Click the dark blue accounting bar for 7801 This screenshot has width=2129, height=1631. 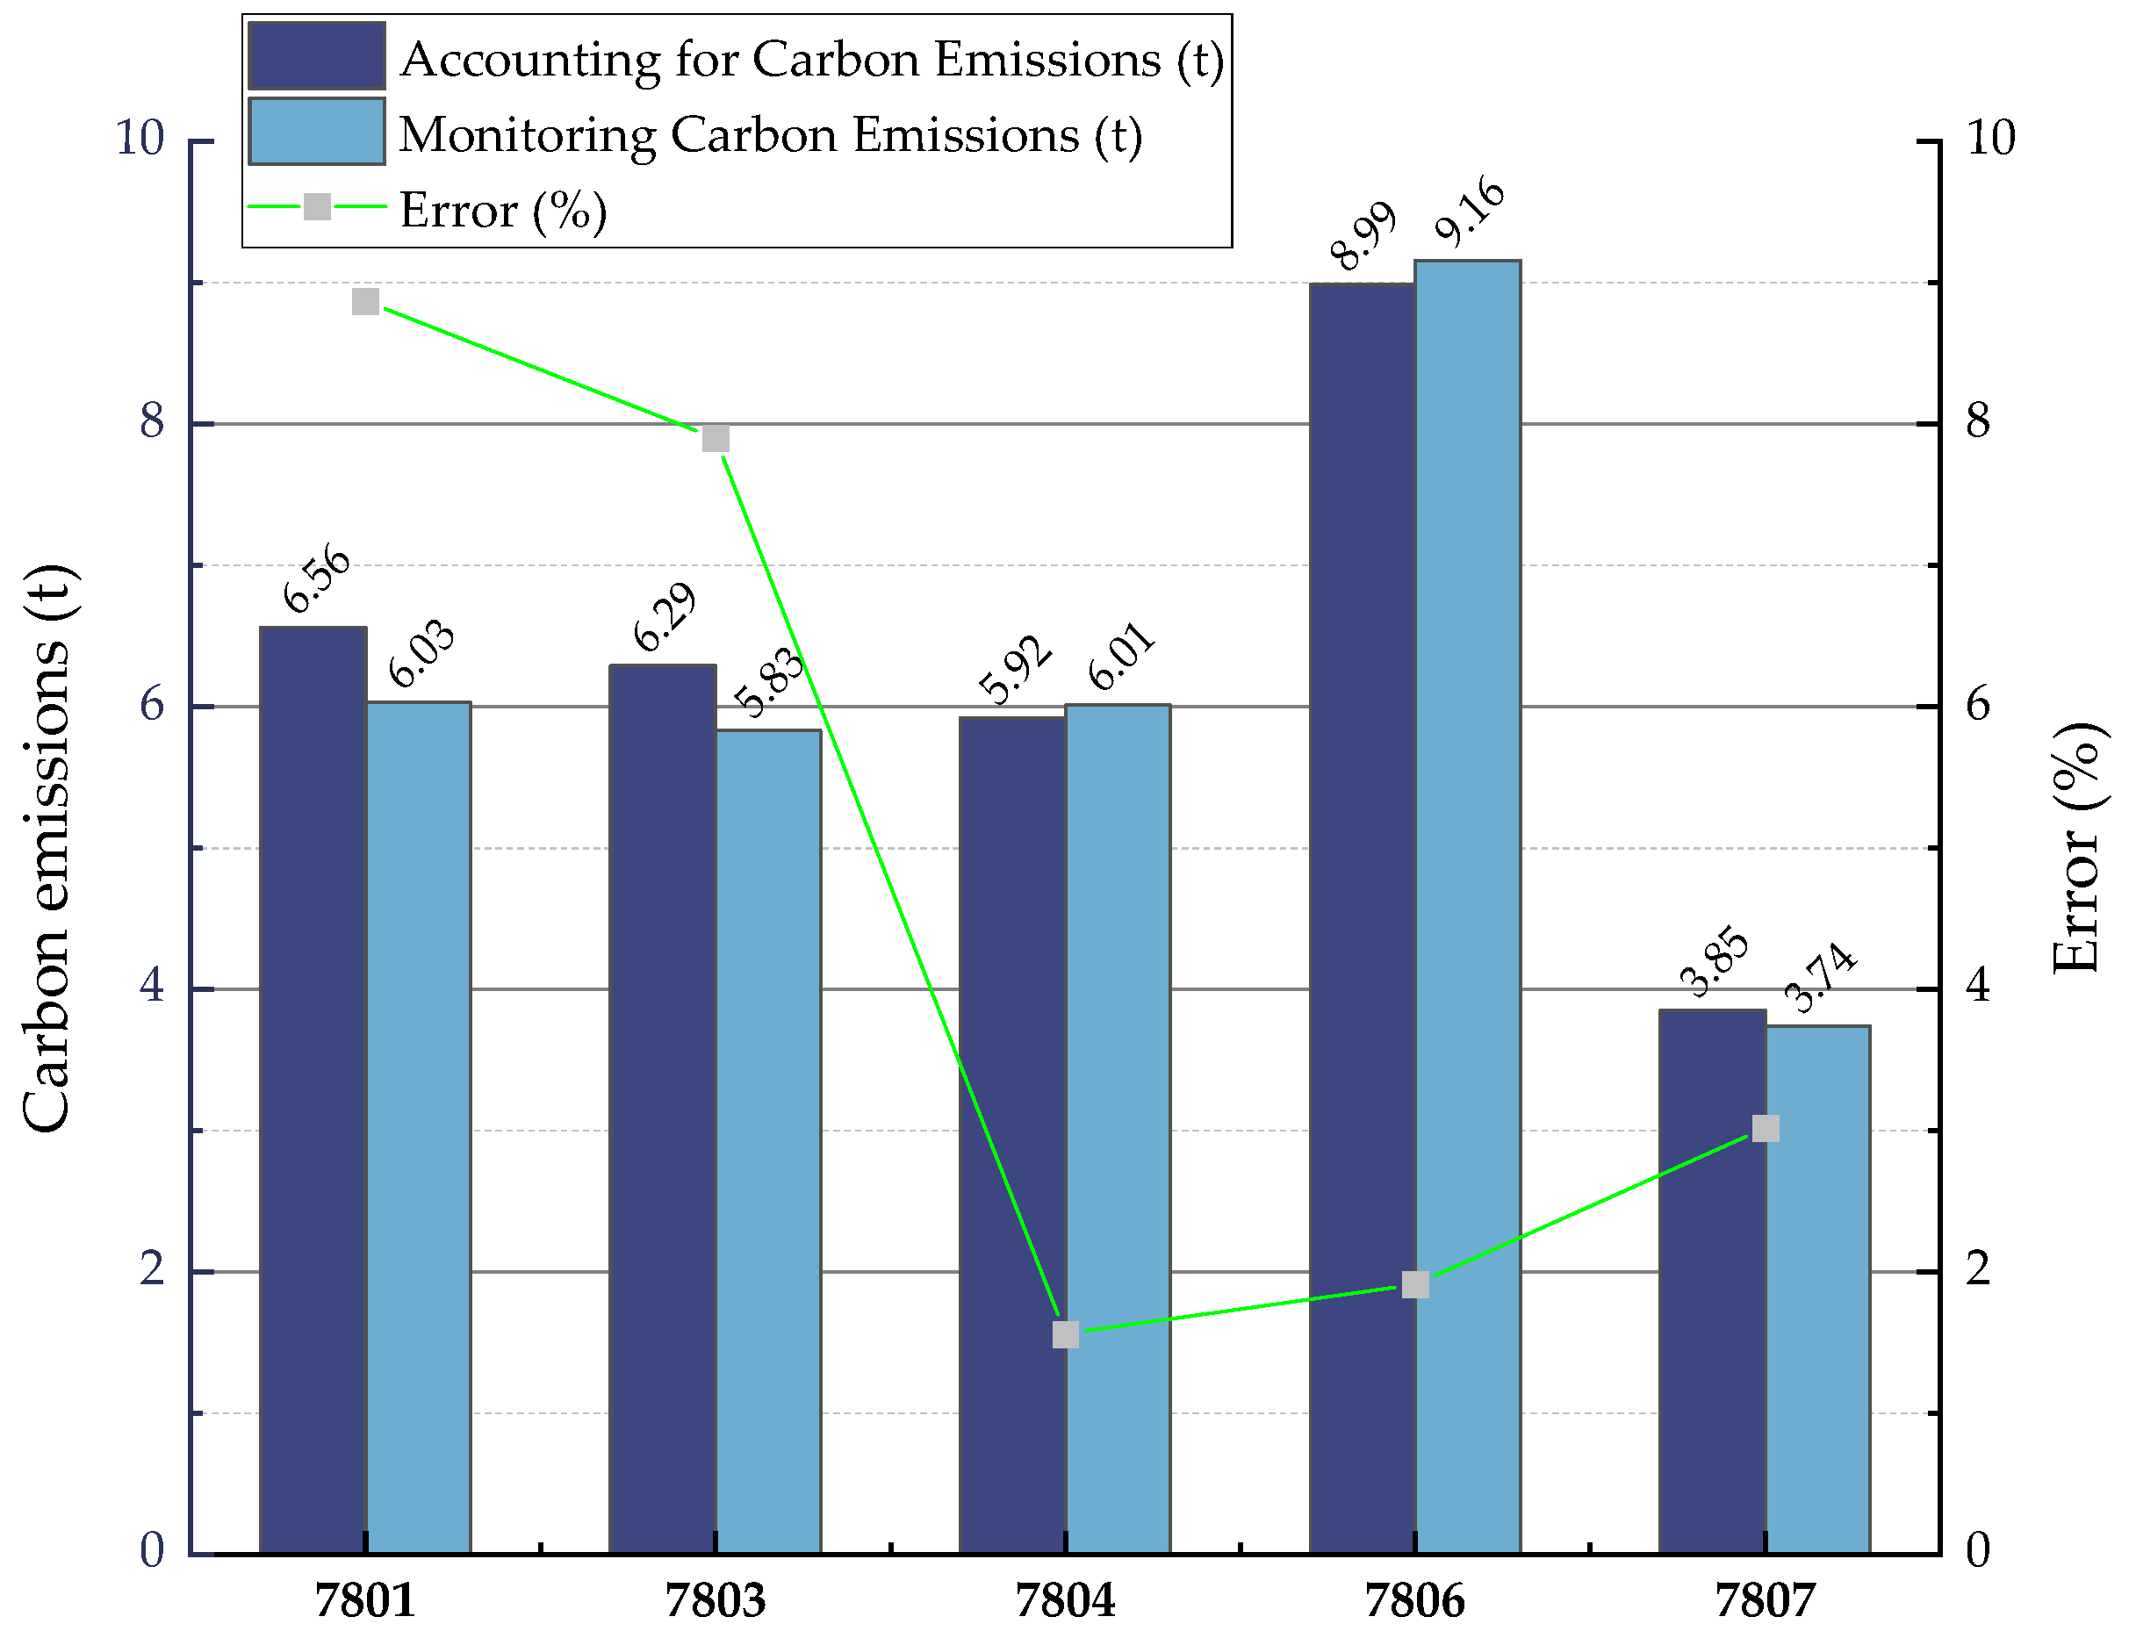tap(313, 1088)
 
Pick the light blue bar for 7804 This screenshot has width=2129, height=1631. tap(1118, 1126)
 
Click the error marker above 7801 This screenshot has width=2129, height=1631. tap(365, 302)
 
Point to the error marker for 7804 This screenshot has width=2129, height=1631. tap(1065, 1335)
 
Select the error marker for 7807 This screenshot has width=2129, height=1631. tap(1765, 1128)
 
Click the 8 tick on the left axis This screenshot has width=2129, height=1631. tap(153, 421)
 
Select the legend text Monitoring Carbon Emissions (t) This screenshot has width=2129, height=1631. tap(770, 134)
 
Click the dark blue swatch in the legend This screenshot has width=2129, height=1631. tap(316, 56)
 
